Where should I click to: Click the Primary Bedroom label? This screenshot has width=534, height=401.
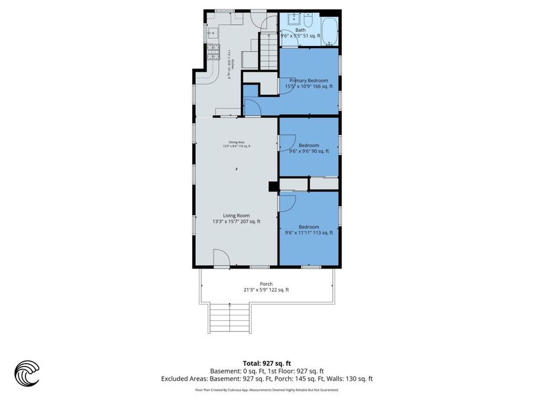[309, 80]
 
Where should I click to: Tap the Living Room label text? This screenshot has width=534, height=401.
[236, 216]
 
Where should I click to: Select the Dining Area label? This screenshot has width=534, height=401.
[236, 142]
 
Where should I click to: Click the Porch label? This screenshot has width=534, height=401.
[266, 284]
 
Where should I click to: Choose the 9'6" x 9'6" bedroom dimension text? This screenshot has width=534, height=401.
[309, 151]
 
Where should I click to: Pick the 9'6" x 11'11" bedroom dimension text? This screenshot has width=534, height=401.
[309, 233]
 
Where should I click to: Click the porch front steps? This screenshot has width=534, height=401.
[229, 318]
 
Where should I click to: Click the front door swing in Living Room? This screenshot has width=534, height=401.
[221, 258]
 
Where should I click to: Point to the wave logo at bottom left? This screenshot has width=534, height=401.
[27, 374]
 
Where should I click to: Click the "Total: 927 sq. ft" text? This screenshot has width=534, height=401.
[266, 362]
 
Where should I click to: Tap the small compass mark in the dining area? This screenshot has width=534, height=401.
[236, 169]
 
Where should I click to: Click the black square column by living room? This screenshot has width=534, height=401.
[273, 187]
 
